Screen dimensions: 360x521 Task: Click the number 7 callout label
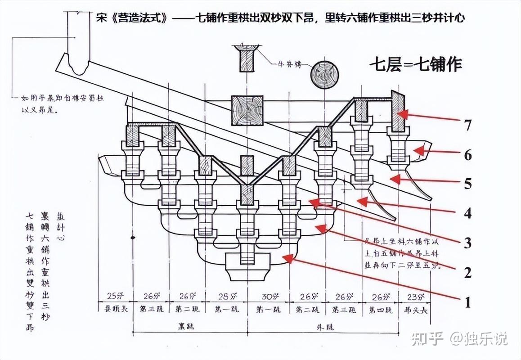[468, 125]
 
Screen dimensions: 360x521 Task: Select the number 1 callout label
[467, 302]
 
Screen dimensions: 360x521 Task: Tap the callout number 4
[468, 213]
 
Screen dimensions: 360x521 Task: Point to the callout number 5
[468, 184]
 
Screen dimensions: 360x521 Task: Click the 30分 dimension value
[268, 297]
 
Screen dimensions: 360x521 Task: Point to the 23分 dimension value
[415, 297]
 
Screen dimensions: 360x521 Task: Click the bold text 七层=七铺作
[416, 64]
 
